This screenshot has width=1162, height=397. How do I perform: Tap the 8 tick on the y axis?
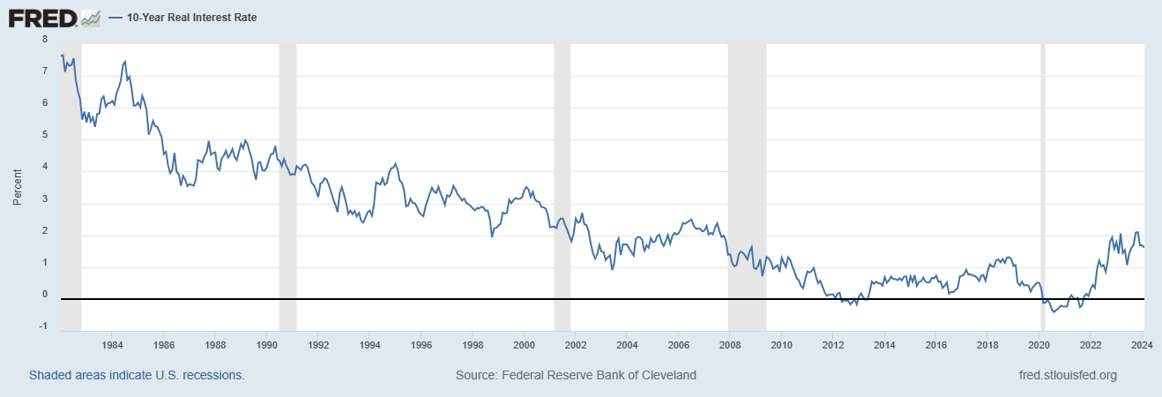[x=45, y=40]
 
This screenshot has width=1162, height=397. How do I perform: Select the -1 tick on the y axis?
[x=43, y=326]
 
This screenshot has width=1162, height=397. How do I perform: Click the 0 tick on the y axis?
[x=45, y=295]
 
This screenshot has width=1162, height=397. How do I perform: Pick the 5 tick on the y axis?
[x=45, y=135]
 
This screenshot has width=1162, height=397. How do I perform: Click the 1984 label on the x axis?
[x=112, y=344]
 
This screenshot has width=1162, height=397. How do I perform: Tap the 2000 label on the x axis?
[x=524, y=344]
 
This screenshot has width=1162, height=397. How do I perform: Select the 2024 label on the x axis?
[x=1143, y=344]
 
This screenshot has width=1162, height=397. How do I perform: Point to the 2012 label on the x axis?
[x=833, y=344]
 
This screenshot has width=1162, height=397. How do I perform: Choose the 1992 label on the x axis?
[x=318, y=344]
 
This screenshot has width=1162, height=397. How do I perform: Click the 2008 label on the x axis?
[x=730, y=344]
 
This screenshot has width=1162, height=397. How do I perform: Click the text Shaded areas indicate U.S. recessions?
[x=137, y=375]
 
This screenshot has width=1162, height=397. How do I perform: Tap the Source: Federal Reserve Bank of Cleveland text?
[x=576, y=375]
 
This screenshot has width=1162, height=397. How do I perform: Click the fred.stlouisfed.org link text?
[x=1067, y=375]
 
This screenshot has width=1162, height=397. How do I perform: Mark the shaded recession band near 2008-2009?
[x=747, y=176]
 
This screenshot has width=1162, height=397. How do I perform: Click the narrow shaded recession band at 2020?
[x=1043, y=176]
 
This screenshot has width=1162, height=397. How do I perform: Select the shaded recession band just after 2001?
[x=562, y=176]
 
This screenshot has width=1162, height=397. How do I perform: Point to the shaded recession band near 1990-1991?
[x=287, y=176]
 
